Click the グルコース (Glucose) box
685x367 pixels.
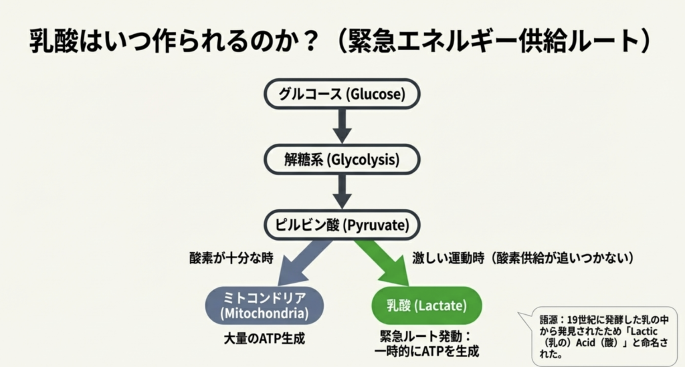(x=342, y=94)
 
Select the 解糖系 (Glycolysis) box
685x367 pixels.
(x=342, y=160)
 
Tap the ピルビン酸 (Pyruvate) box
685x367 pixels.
(x=342, y=225)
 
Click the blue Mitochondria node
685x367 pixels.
(x=265, y=305)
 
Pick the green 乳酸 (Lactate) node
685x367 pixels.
(x=427, y=305)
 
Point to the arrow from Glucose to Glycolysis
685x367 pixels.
(x=342, y=126)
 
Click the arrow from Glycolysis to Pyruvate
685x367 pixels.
(x=342, y=192)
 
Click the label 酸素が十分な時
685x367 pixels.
(x=231, y=258)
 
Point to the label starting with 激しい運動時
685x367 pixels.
(x=523, y=258)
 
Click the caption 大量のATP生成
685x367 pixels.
(x=264, y=339)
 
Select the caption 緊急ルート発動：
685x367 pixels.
(x=426, y=336)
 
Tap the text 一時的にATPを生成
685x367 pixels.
(x=427, y=351)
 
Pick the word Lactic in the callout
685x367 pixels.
(x=644, y=331)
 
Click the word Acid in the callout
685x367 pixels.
(x=585, y=342)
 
